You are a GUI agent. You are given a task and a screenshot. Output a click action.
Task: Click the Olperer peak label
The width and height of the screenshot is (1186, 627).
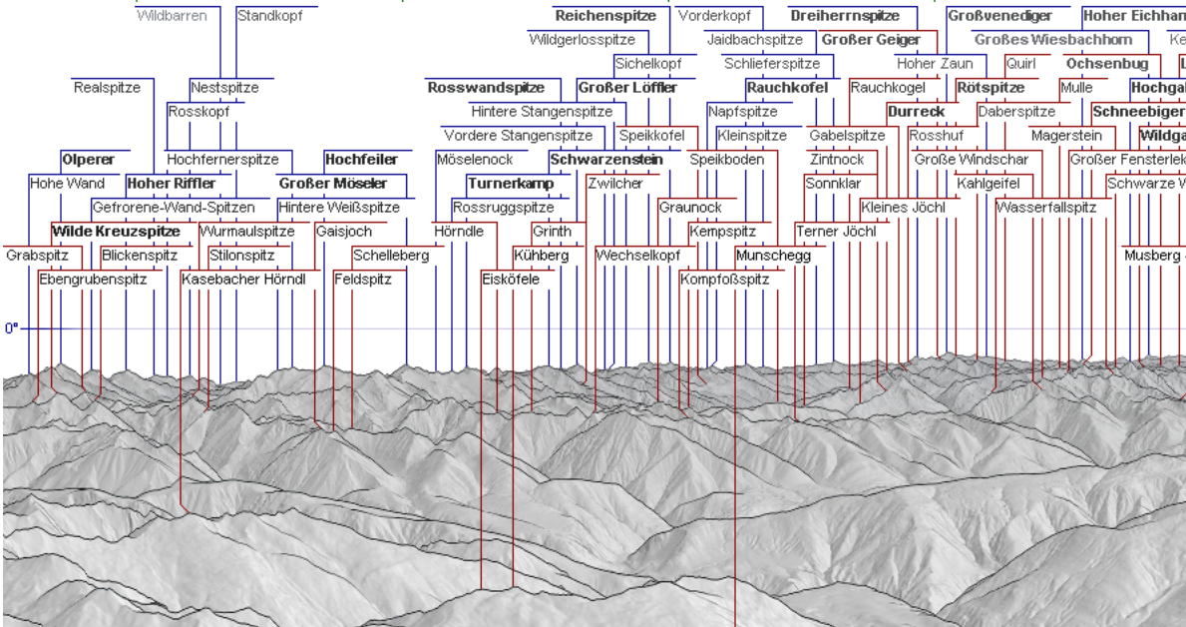[88, 160]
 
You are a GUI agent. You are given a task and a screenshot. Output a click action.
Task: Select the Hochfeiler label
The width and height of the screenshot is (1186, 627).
[361, 160]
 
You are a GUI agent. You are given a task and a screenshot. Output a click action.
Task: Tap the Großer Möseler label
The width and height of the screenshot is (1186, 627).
[333, 184]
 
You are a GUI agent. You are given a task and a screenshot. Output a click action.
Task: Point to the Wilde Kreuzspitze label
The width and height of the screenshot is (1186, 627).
[116, 232]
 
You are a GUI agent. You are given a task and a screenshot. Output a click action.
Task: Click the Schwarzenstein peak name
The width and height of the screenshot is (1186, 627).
[605, 160]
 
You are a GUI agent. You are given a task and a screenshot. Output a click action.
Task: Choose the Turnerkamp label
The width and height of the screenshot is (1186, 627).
[511, 184]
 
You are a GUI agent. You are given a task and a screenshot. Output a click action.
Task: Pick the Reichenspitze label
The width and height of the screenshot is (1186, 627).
[605, 16]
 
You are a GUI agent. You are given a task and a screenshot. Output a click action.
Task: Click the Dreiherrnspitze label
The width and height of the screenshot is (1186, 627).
[845, 16]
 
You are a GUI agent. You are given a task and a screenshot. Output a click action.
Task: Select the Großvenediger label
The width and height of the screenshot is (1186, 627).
[999, 16]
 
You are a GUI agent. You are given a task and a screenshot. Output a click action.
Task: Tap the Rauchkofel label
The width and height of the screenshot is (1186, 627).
[787, 88]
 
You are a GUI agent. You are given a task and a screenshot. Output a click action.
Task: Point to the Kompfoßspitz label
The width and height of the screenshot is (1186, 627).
[725, 280]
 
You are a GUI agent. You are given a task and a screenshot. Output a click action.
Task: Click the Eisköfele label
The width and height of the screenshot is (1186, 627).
[510, 280]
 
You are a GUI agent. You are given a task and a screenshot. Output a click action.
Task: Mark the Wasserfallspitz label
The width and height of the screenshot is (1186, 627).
[1046, 208]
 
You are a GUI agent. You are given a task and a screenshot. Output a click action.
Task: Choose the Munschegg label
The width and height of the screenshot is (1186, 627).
[773, 256]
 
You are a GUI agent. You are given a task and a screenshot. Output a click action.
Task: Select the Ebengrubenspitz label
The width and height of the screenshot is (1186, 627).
[93, 280]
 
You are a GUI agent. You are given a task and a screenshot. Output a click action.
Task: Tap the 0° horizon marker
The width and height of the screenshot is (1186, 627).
[11, 327]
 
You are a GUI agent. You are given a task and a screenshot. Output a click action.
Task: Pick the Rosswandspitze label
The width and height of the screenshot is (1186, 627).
[486, 88]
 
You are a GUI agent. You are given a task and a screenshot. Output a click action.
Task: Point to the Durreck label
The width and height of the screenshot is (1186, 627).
[916, 112]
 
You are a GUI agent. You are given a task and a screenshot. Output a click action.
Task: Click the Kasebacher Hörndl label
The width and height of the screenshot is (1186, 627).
[243, 280]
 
